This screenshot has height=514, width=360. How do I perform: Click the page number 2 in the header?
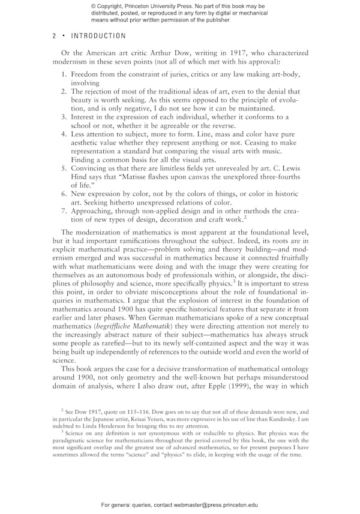[x=55, y=37]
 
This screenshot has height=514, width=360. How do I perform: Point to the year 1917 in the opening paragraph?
[x=241, y=53]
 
